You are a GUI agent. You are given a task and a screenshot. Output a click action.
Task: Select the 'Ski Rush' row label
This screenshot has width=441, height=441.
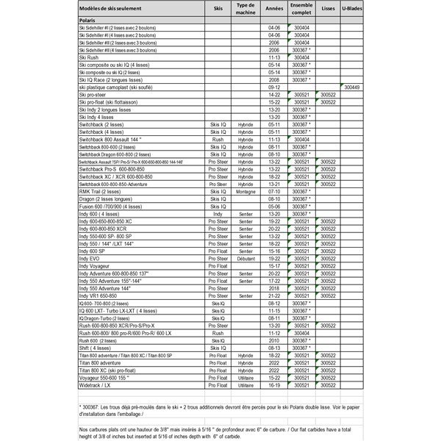tap(89, 55)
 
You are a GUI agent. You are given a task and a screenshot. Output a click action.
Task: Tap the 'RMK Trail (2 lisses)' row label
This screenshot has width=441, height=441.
tap(103, 190)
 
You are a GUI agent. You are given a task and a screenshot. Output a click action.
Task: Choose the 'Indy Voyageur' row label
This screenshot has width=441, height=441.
tap(98, 265)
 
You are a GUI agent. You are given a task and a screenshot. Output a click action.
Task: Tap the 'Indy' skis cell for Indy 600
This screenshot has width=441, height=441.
tap(218, 212)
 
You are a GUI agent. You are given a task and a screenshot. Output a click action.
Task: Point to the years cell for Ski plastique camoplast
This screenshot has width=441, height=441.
tap(274, 87)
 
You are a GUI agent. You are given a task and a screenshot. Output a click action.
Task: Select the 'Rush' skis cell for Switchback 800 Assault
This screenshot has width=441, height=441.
tap(218, 137)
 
